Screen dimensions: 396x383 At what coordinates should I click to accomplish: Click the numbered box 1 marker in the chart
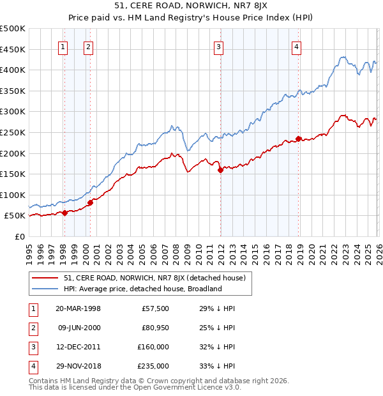[64, 46]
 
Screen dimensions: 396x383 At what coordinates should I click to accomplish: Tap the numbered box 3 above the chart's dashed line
[219, 46]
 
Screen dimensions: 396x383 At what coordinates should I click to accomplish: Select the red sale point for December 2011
[220, 171]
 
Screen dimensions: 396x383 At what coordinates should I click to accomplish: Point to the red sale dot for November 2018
[298, 139]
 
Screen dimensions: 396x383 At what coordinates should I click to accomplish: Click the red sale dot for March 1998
[64, 213]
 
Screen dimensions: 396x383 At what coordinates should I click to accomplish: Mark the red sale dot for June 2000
[90, 202]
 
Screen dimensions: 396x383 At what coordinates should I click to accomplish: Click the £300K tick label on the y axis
[13, 112]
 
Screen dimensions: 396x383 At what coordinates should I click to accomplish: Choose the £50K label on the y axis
[15, 217]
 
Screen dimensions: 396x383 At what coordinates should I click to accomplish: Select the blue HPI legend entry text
[142, 289]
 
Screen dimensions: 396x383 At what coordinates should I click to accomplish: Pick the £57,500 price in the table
[156, 308]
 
